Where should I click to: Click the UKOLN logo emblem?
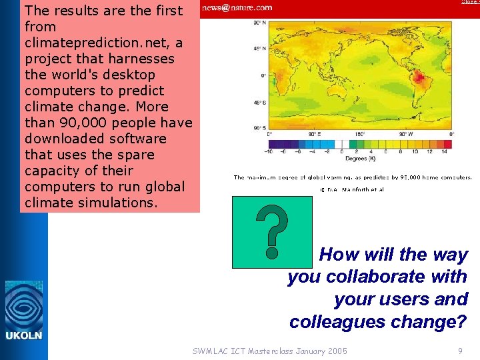tap(24, 305)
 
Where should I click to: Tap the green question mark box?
tap(271, 232)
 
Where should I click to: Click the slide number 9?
tap(460, 351)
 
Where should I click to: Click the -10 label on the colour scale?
tap(268, 151)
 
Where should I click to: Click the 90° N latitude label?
tap(257, 23)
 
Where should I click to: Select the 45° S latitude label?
tap(257, 103)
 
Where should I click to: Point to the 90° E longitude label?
tap(313, 133)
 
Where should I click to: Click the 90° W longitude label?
tap(405, 133)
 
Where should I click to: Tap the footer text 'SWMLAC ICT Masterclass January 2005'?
tap(269, 351)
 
